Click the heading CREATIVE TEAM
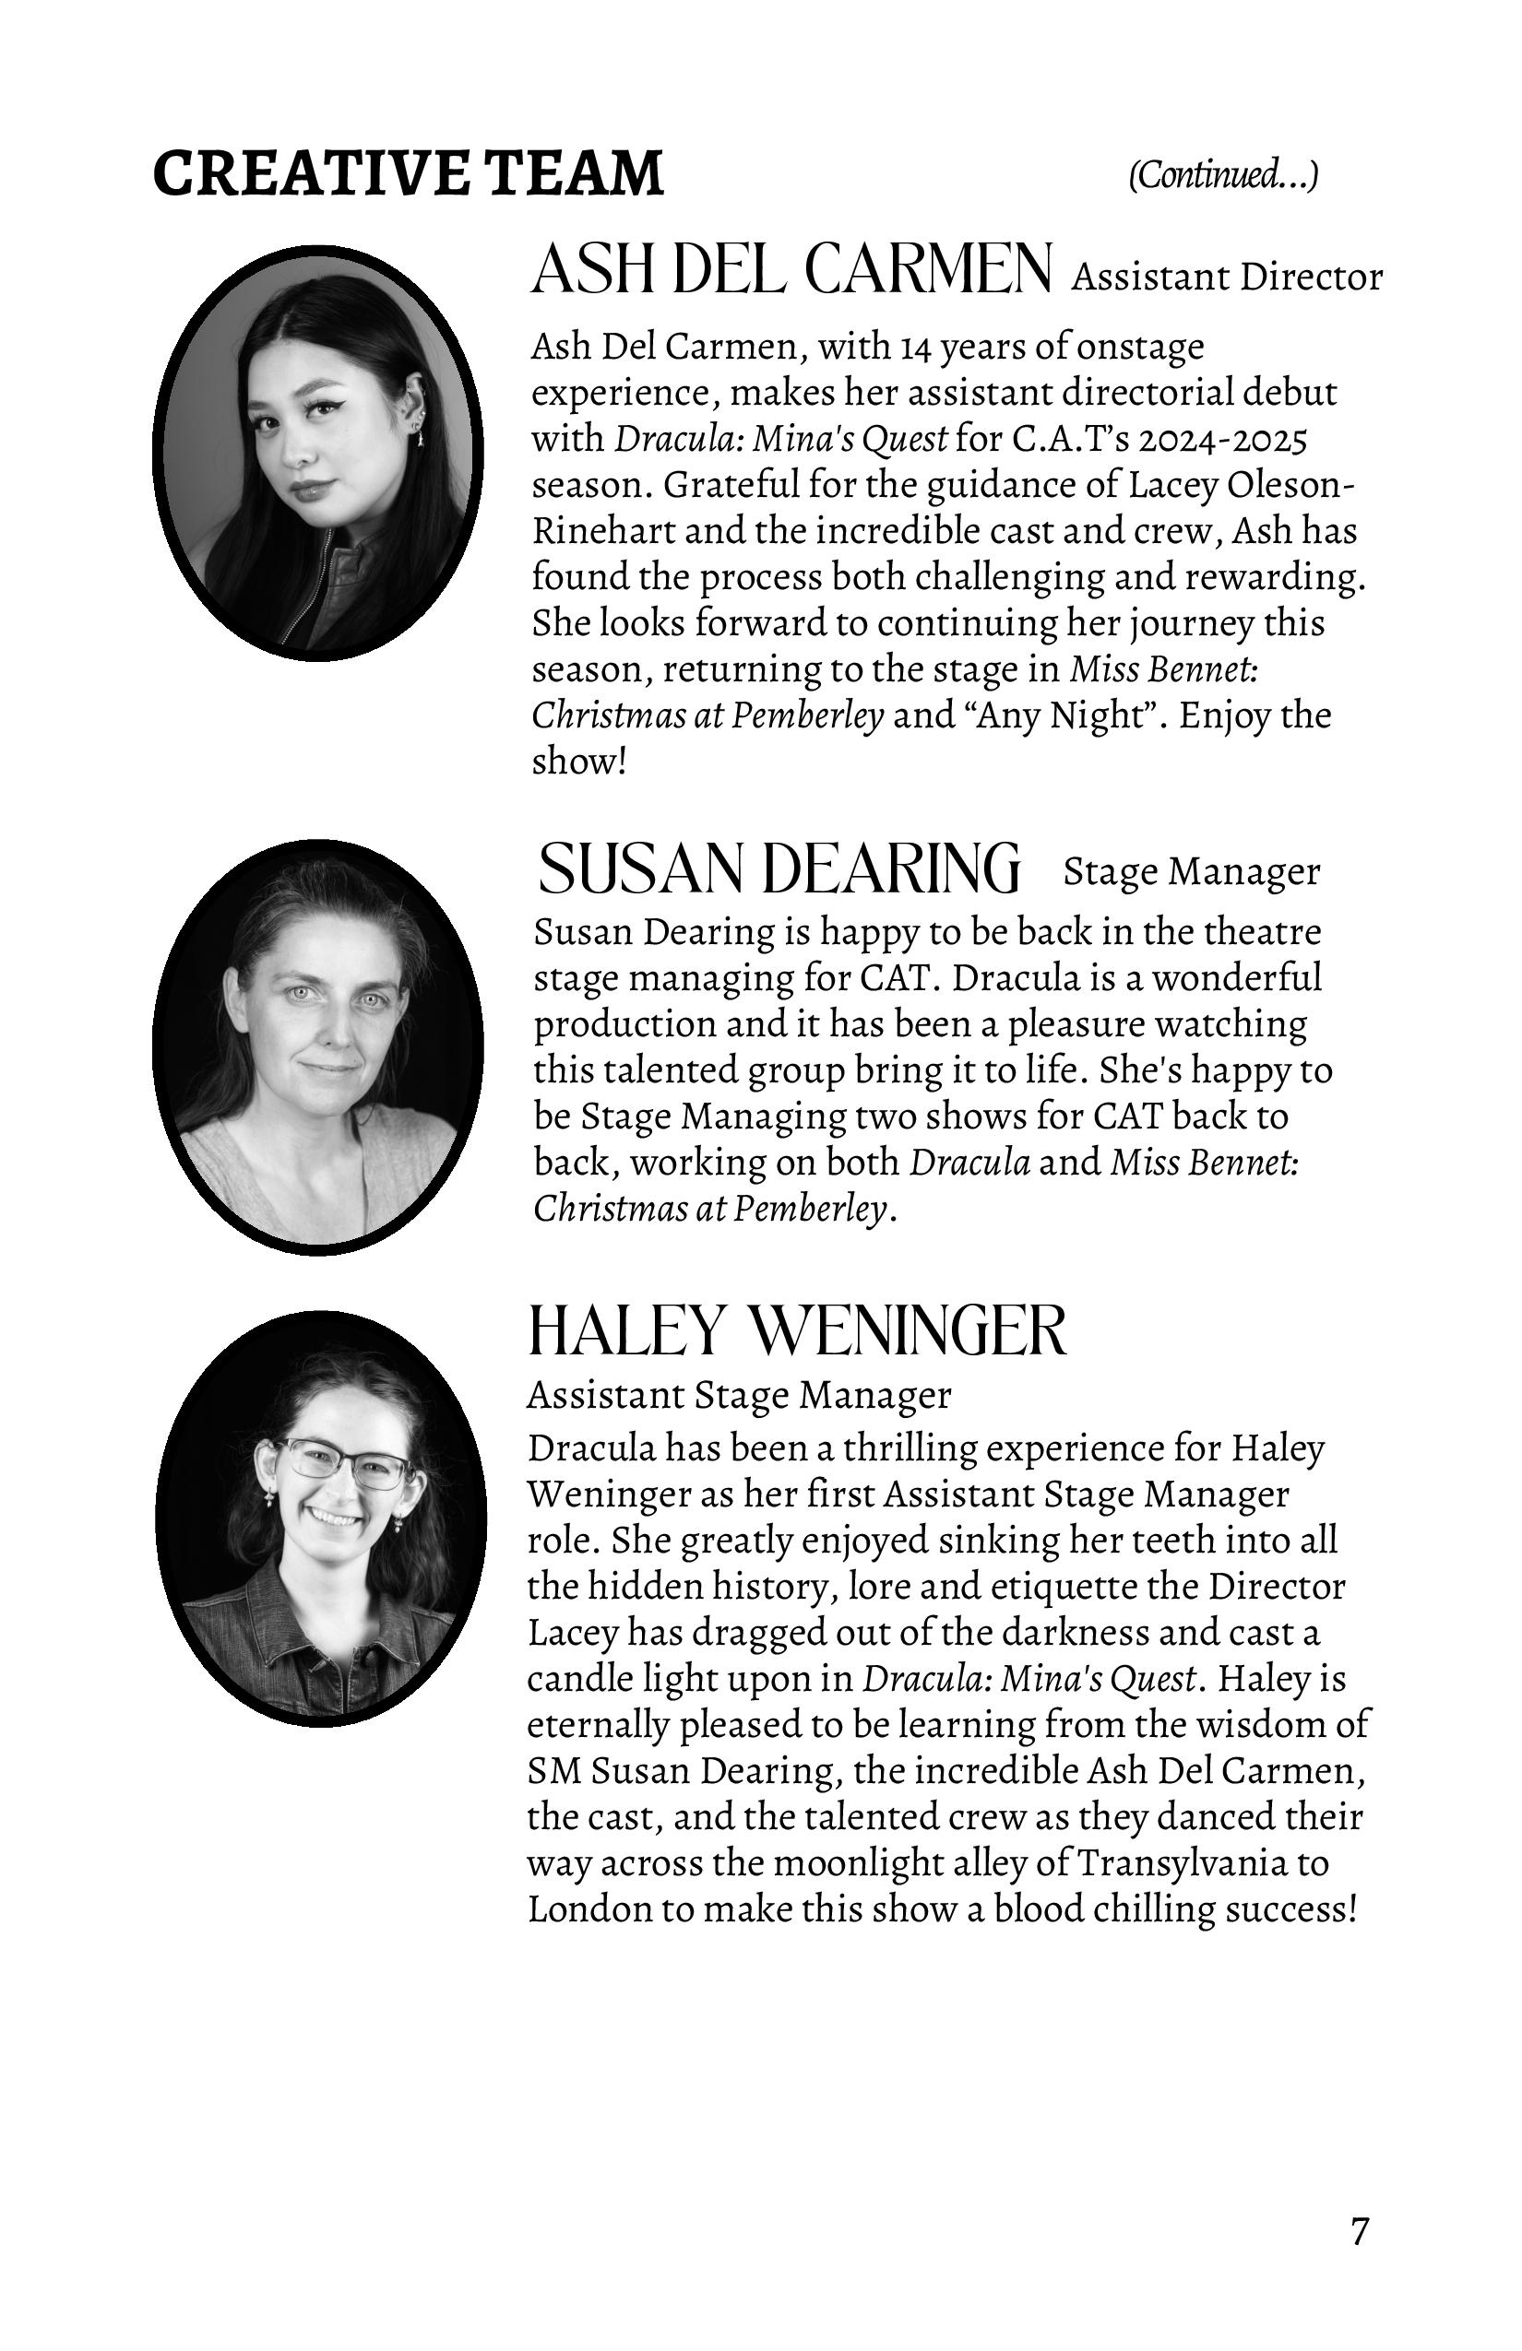pyautogui.click(x=408, y=173)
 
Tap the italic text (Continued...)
pyautogui.click(x=1222, y=175)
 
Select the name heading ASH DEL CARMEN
pyautogui.click(x=791, y=269)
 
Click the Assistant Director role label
pyautogui.click(x=1227, y=278)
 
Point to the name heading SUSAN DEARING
pyautogui.click(x=779, y=868)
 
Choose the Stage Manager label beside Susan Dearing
pyautogui.click(x=1191, y=871)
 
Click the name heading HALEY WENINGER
pyautogui.click(x=798, y=1330)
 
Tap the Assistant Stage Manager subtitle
pyautogui.click(x=738, y=1395)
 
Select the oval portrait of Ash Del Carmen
pyautogui.click(x=318, y=452)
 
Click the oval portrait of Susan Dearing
pyautogui.click(x=318, y=1046)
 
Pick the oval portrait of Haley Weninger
pyautogui.click(x=320, y=1518)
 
